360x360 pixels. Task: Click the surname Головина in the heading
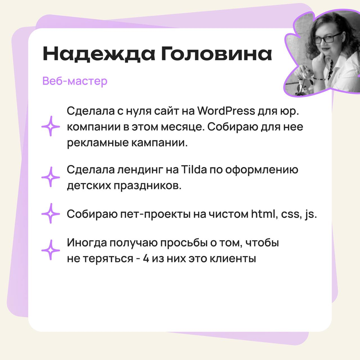(x=217, y=54)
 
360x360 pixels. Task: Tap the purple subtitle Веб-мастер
(x=75, y=81)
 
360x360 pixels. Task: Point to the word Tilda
(x=194, y=170)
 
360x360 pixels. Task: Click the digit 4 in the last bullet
(x=146, y=259)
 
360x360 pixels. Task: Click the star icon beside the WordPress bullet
(x=51, y=126)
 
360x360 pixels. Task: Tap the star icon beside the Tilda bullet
(x=51, y=177)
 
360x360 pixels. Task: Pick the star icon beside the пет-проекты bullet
(x=51, y=214)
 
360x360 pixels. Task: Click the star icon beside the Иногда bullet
(x=51, y=250)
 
